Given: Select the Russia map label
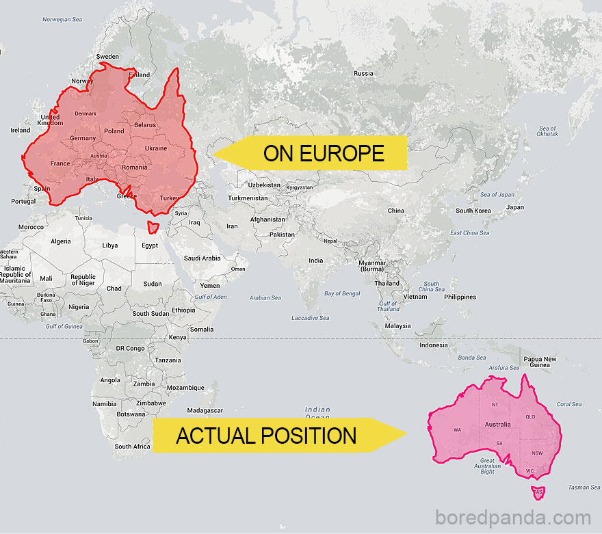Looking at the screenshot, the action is tap(363, 73).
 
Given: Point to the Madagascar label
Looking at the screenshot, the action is tap(205, 410).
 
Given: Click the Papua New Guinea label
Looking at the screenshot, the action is tap(540, 362).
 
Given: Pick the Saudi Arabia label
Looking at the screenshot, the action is tap(202, 258).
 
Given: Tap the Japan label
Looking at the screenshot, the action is tap(515, 207).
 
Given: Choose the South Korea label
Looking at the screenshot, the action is tap(473, 211).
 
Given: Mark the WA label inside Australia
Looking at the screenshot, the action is tap(457, 430).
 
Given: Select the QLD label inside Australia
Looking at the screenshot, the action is tap(530, 416).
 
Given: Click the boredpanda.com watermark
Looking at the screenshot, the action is tap(513, 518).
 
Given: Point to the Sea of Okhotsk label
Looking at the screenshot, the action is tap(547, 131).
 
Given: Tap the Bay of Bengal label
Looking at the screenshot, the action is tap(341, 293).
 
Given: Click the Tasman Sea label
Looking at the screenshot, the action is tap(584, 488).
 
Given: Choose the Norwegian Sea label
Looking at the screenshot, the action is tap(62, 19).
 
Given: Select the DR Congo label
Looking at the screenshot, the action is tap(130, 348).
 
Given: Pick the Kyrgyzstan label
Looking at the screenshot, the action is tap(299, 187).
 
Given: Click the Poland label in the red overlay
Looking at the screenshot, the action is tap(114, 131).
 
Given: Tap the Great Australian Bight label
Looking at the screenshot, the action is tap(487, 466).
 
